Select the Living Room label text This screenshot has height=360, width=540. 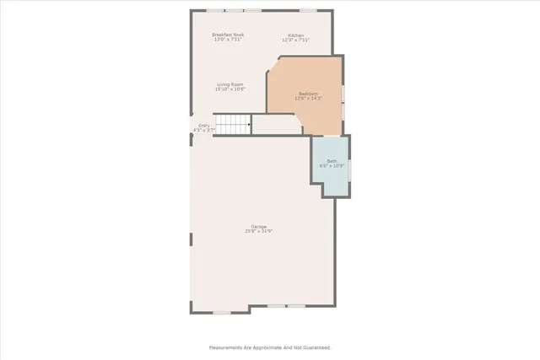(x=230, y=84)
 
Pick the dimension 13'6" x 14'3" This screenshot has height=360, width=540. (x=309, y=98)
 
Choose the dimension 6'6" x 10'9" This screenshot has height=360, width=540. (x=332, y=166)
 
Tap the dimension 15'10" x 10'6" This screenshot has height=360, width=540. (x=230, y=89)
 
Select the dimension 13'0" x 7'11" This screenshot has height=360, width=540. (x=228, y=40)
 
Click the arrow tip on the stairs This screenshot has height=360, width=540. (x=250, y=126)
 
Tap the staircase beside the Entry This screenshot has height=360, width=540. (x=233, y=126)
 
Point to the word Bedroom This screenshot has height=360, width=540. (x=309, y=93)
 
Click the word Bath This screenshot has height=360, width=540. (x=332, y=161)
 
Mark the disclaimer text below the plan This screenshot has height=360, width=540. (x=270, y=347)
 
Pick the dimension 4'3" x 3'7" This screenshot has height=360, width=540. (x=204, y=131)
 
